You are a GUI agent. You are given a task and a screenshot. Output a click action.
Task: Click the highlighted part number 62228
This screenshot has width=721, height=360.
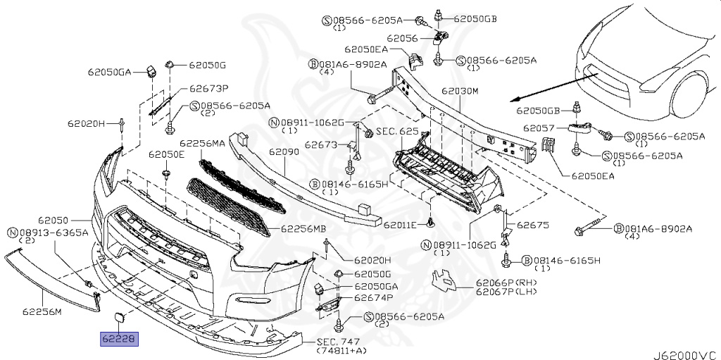tap(119, 340)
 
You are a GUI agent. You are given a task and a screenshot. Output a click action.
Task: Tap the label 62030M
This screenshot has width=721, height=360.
tap(460, 92)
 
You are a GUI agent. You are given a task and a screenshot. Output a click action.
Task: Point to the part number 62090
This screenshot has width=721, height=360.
tap(284, 151)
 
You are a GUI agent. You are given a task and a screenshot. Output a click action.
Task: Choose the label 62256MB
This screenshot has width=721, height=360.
tap(303, 228)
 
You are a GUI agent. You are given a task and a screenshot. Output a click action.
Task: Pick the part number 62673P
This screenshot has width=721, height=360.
tap(209, 89)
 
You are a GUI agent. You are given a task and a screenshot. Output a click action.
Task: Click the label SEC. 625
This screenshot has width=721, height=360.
tap(397, 132)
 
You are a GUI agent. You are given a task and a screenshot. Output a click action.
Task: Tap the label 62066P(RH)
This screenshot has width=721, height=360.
tap(506, 283)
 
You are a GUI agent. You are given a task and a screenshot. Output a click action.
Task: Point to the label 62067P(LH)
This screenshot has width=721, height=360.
tap(506, 292)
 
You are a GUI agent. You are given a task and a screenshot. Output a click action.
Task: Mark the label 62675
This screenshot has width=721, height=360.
tap(532, 225)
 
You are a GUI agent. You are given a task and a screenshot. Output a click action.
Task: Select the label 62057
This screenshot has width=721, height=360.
tap(538, 129)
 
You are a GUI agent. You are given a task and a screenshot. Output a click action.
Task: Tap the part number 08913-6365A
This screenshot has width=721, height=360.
tap(53, 232)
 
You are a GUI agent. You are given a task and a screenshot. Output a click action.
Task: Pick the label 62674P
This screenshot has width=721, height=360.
tap(373, 298)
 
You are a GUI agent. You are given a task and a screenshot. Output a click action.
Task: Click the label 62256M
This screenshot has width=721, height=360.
tap(42, 310)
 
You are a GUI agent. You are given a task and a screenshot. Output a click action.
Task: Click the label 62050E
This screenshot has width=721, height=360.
tap(166, 154)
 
